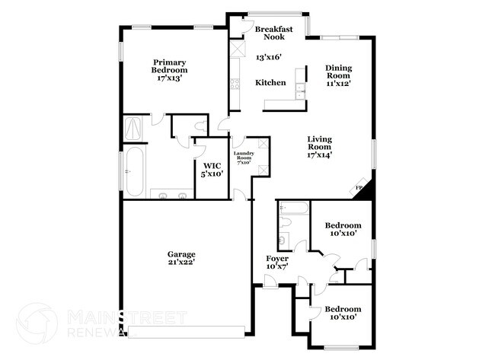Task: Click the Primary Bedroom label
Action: click(x=170, y=70)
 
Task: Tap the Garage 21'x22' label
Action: click(x=182, y=258)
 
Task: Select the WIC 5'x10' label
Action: click(x=211, y=169)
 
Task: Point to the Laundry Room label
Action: click(x=244, y=158)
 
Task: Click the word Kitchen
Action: click(x=270, y=82)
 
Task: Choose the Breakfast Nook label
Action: click(x=270, y=32)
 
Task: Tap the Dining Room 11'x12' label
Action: click(x=339, y=75)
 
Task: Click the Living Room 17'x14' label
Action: click(x=320, y=146)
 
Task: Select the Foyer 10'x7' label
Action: click(x=276, y=263)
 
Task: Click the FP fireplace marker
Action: click(x=359, y=188)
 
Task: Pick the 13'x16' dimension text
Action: click(x=269, y=57)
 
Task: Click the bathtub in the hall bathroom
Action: click(x=293, y=207)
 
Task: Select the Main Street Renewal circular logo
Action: click(x=36, y=323)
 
